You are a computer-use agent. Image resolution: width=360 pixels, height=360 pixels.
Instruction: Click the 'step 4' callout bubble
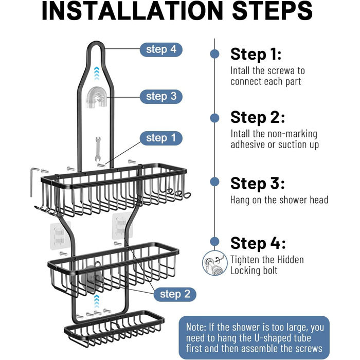161,49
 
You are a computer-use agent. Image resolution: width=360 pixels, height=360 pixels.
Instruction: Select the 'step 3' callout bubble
161,97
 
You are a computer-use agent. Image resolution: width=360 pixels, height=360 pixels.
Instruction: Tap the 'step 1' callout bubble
161,138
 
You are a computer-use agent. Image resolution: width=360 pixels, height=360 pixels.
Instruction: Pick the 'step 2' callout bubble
175,294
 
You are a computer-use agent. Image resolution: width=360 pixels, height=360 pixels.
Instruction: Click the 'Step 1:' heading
256,55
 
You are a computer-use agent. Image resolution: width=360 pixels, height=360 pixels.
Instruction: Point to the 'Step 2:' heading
257,118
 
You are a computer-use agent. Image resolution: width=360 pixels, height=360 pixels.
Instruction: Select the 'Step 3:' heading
257,184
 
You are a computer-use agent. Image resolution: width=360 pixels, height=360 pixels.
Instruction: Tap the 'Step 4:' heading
258,243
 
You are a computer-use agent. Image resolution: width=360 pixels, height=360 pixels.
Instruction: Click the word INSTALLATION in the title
133,11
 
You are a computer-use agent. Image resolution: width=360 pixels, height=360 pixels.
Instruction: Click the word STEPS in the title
272,11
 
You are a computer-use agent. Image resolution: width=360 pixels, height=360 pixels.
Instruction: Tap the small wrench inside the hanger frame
98,149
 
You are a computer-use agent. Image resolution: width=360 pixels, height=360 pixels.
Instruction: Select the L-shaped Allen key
32,182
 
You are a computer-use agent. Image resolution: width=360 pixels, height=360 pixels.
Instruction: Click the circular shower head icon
214,263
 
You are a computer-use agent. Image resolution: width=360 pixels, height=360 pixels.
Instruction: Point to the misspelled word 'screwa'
279,71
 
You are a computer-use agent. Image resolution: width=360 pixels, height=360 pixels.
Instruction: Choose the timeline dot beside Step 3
214,182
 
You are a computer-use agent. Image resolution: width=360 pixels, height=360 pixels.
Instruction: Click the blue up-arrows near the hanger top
97,74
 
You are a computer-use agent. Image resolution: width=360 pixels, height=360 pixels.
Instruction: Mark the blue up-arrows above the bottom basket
97,301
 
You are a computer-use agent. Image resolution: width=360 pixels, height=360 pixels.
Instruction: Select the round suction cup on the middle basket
92,277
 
